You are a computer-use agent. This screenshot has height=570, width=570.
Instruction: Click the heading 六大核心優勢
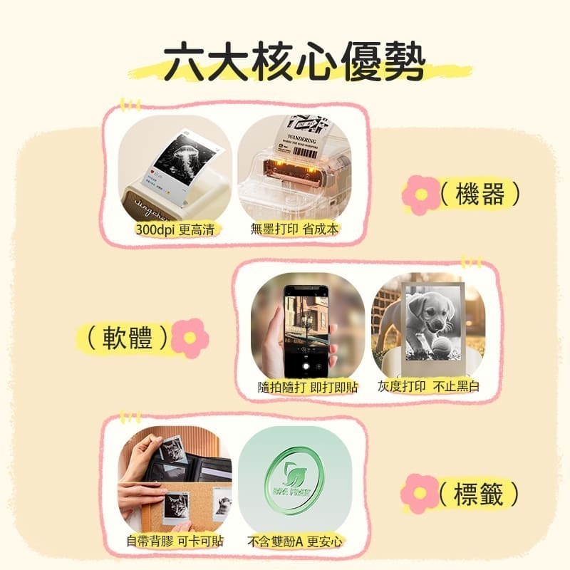click(x=293, y=65)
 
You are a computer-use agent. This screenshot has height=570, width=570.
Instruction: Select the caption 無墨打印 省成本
click(x=294, y=229)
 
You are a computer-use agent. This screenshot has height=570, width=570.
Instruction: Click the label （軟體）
click(x=129, y=337)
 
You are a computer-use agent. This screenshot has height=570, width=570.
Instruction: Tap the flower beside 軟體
click(x=190, y=337)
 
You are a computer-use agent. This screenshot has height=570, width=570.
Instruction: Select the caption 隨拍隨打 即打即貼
click(x=307, y=388)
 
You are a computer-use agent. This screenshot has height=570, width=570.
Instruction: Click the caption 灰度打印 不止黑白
click(x=428, y=387)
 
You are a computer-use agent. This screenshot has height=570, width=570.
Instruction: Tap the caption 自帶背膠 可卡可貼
click(x=175, y=541)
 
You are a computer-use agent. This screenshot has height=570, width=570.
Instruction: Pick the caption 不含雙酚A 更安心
click(x=294, y=541)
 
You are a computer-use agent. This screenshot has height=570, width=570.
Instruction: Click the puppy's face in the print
click(x=431, y=314)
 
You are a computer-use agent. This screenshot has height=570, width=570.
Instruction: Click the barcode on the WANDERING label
click(x=305, y=152)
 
